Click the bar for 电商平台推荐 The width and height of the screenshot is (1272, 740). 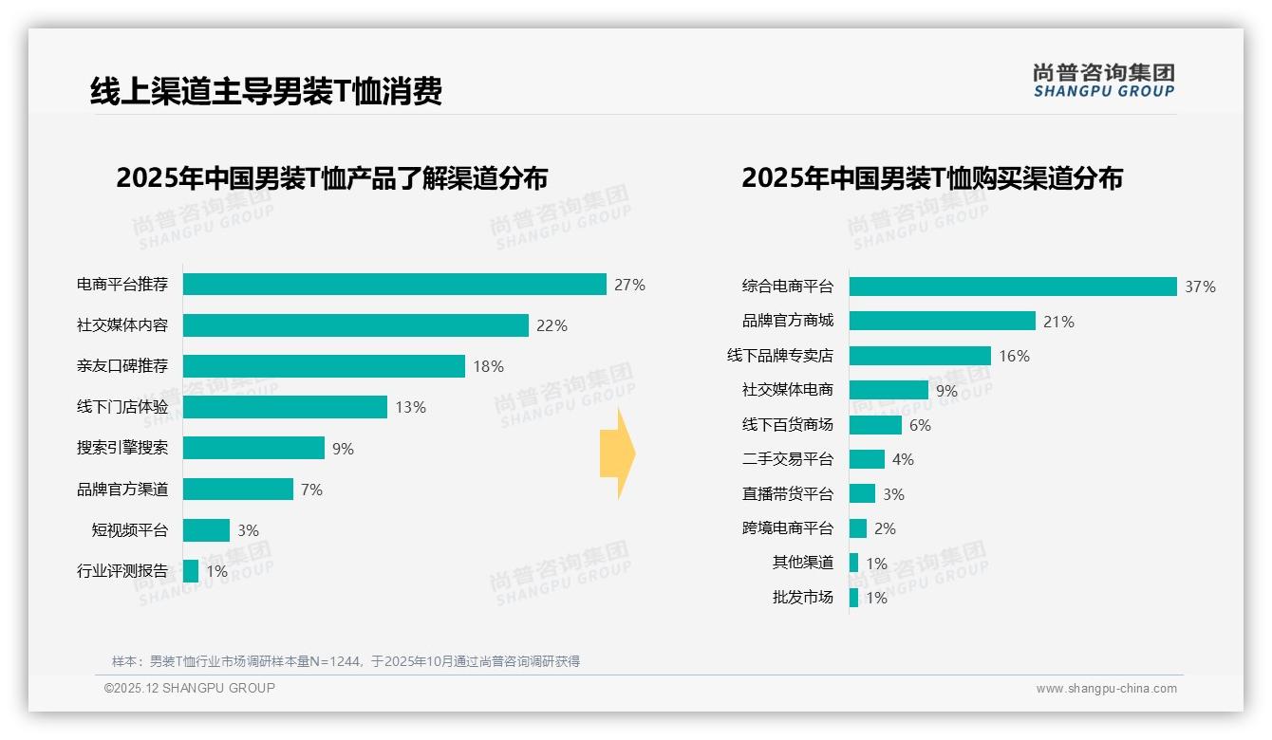pos(394,285)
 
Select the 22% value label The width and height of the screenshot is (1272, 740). pos(552,325)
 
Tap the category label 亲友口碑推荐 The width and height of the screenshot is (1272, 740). pos(122,366)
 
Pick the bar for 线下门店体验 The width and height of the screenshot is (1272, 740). pos(285,407)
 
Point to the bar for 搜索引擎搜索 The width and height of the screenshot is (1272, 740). pos(253,448)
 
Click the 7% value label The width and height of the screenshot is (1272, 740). pos(311,490)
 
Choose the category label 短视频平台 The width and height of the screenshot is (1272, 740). pos(130,530)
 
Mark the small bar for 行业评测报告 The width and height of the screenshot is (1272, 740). pos(191,571)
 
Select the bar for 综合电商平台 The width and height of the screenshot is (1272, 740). pos(1013,287)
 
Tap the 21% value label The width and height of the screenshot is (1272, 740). pos(1058,322)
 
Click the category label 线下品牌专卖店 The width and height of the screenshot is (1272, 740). pos(780,356)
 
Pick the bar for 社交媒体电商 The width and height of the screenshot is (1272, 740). pos(889,390)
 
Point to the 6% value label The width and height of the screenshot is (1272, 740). pos(920,425)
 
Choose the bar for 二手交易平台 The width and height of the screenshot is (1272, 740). pos(867,459)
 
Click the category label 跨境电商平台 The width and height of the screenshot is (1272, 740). pos(788,528)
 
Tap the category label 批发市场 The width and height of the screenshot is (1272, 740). pos(803,598)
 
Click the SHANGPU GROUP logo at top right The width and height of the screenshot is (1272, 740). pos(1104,81)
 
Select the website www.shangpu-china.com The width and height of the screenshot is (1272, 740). pos(1106,689)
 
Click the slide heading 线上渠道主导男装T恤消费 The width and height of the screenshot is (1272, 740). pos(266,92)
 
